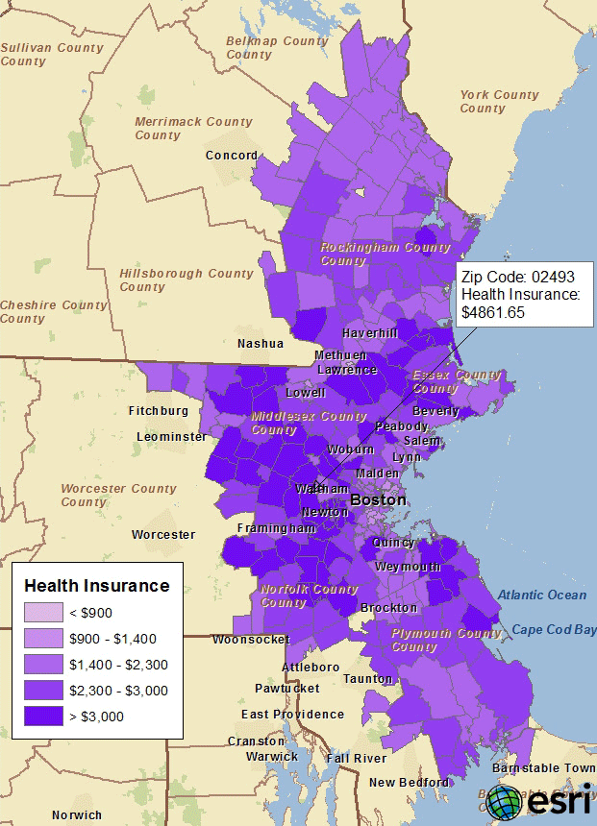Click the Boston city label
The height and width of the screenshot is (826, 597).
pyautogui.click(x=378, y=500)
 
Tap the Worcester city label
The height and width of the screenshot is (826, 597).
pyautogui.click(x=163, y=534)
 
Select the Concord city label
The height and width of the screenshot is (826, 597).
pyautogui.click(x=232, y=155)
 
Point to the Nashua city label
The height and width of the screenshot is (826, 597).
pyautogui.click(x=261, y=343)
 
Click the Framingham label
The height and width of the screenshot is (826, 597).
pyautogui.click(x=278, y=528)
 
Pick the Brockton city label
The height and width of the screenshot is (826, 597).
pyautogui.click(x=388, y=608)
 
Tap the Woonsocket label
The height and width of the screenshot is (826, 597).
pyautogui.click(x=250, y=639)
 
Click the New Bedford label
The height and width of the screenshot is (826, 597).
pyautogui.click(x=410, y=782)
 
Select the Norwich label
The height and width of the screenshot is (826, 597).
pyautogui.click(x=77, y=815)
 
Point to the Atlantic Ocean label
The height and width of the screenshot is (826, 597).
pyautogui.click(x=541, y=595)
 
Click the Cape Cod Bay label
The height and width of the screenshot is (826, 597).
pyautogui.click(x=553, y=630)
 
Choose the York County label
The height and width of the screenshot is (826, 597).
pyautogui.click(x=499, y=101)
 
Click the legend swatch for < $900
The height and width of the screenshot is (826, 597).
pyautogui.click(x=42, y=612)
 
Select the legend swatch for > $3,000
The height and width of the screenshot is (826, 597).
pyautogui.click(x=42, y=716)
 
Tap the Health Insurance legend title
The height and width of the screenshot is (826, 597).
pyautogui.click(x=96, y=585)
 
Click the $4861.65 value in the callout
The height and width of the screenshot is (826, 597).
pyautogui.click(x=493, y=312)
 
